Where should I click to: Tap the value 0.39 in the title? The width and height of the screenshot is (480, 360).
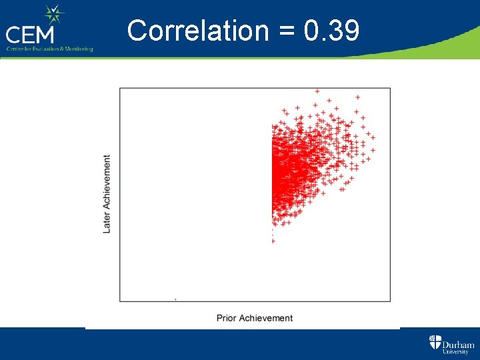331,31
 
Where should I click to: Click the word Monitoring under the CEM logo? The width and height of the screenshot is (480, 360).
76,49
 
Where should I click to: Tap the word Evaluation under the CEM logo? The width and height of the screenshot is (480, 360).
42,49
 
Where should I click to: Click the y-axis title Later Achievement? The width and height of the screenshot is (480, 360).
107,194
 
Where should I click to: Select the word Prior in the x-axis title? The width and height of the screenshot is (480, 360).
227,318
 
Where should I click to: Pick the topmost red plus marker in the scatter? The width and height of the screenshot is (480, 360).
317,91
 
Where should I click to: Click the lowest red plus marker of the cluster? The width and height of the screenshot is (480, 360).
273,241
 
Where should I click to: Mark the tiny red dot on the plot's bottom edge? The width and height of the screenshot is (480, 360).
175,300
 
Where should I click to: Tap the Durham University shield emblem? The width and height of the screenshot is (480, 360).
435,343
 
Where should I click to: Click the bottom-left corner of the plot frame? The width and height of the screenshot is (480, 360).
120,301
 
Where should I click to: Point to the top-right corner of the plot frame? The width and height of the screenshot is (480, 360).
390,88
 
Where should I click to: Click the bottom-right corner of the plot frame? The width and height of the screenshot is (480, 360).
390,301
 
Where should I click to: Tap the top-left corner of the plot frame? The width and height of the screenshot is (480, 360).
120,88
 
